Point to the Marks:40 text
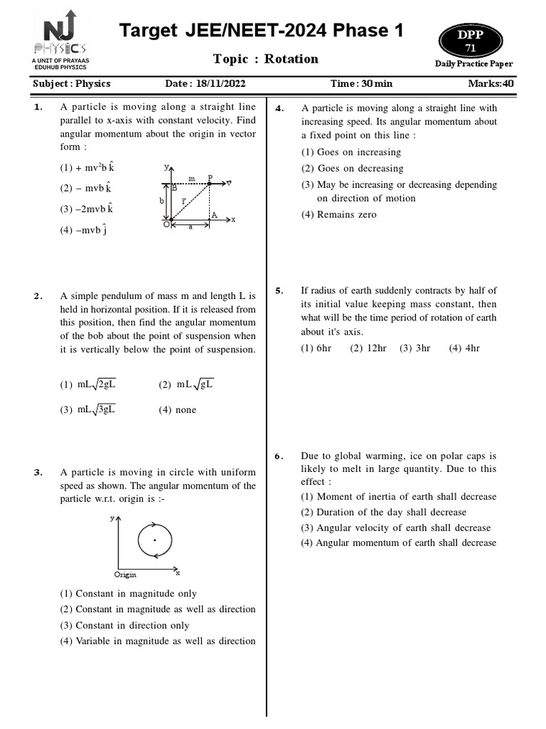click(x=491, y=83)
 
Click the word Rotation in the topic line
click(x=291, y=59)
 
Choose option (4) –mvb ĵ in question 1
click(x=84, y=230)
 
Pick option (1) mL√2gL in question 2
click(x=88, y=384)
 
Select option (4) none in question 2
click(x=177, y=409)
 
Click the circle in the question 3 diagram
click(x=154, y=540)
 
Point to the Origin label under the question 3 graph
click(x=125, y=575)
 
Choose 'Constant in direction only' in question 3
click(x=125, y=625)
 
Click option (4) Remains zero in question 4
click(x=338, y=214)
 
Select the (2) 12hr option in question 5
click(x=368, y=348)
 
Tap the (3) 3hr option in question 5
click(x=414, y=348)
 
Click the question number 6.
click(x=279, y=456)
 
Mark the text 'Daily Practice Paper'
click(x=474, y=64)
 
